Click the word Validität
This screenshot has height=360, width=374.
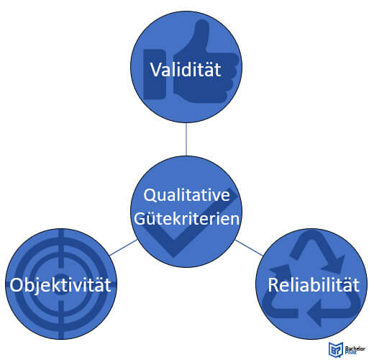(186, 70)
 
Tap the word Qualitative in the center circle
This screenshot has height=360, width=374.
(186, 195)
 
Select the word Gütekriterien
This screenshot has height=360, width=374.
(186, 218)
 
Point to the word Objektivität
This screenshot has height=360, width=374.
(60, 285)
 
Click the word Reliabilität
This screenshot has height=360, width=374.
(314, 285)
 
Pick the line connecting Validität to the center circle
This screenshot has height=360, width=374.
(186, 139)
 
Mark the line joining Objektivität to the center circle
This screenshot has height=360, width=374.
(124, 248)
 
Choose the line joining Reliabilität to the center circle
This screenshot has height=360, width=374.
(249, 248)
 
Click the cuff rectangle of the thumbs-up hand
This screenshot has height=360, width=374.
(154, 74)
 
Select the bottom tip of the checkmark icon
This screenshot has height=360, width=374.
(173, 257)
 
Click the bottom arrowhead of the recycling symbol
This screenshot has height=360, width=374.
(314, 312)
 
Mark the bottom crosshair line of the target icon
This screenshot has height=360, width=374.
(61, 320)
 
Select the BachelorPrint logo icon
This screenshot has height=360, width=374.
(336, 349)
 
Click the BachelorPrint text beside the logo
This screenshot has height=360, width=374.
(355, 350)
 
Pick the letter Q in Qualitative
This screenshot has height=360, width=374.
(149, 196)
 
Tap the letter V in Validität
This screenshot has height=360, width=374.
(156, 70)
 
